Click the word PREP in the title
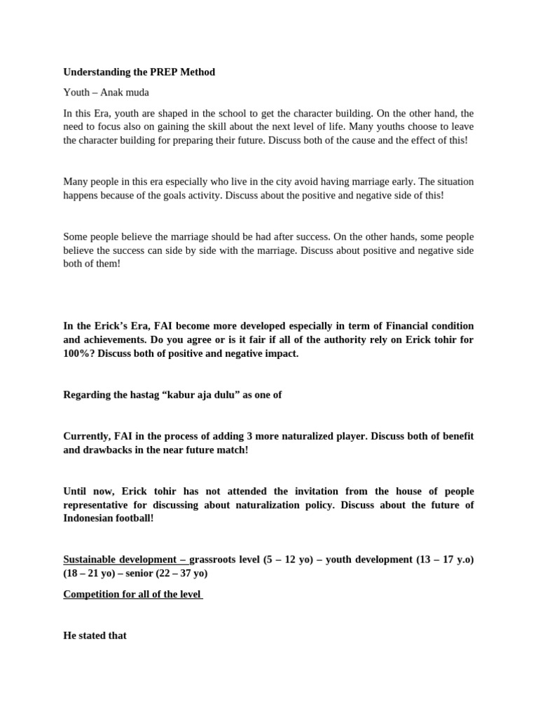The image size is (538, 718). pos(158,72)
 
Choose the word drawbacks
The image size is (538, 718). pos(111,449)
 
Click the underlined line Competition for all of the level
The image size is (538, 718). pos(133,594)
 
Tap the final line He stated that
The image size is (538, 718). pos(95,636)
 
